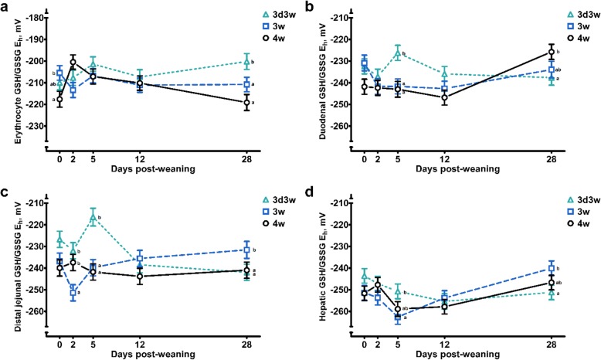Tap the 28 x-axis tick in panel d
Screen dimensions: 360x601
click(552, 335)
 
